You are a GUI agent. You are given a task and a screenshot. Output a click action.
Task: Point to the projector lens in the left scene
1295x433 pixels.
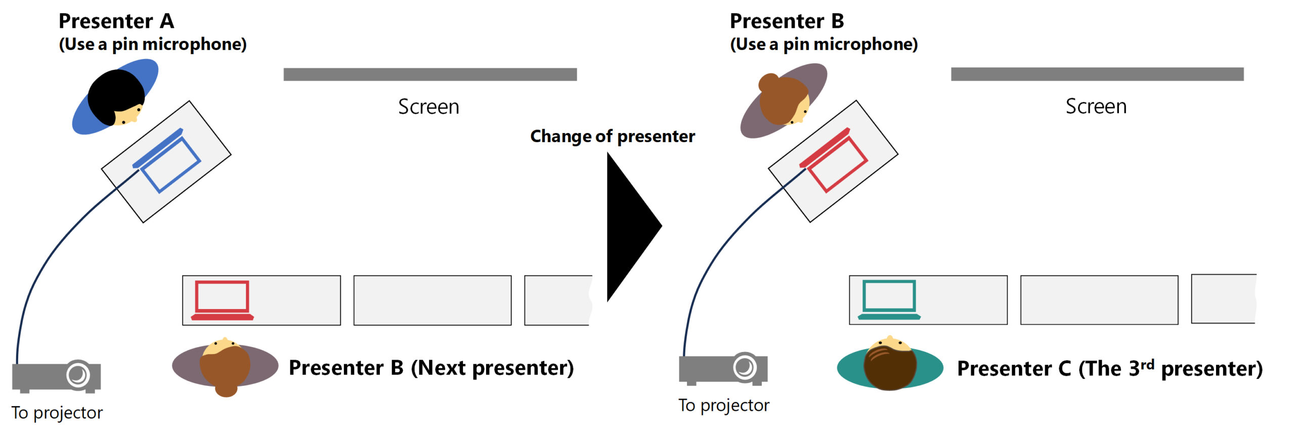click(78, 375)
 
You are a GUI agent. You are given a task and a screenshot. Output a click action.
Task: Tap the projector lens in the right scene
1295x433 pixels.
click(745, 367)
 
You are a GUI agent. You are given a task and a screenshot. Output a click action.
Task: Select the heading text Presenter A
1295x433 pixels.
click(116, 21)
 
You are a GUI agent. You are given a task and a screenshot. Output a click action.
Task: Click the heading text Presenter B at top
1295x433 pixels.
click(787, 21)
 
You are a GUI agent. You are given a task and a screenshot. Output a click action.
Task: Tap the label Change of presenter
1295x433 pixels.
click(613, 137)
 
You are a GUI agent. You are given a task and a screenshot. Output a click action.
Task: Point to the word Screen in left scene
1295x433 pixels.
click(428, 107)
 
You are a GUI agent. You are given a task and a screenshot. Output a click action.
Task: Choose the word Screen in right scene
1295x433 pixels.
click(1096, 106)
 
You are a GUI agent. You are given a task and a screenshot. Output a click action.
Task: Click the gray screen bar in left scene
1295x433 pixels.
click(430, 74)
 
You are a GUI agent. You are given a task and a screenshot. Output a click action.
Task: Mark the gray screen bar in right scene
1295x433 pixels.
click(1097, 74)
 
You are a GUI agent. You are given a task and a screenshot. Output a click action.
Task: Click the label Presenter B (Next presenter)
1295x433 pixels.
click(431, 368)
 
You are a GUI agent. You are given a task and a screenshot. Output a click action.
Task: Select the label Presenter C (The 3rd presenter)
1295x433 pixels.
click(1110, 368)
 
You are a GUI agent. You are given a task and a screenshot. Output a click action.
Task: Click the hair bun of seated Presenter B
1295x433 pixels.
click(226, 391)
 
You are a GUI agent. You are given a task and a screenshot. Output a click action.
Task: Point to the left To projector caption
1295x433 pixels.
click(57, 413)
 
